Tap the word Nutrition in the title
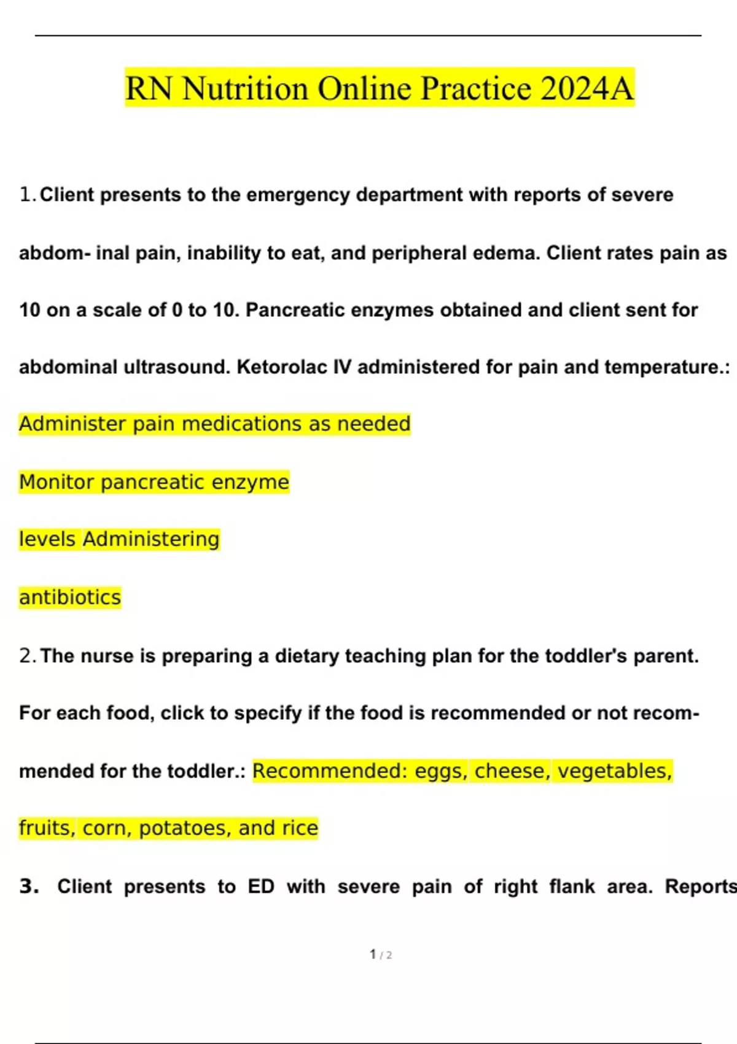pyautogui.click(x=245, y=88)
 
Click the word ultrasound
pyautogui.click(x=177, y=367)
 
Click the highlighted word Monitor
pyautogui.click(x=57, y=482)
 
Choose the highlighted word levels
pyautogui.click(x=47, y=539)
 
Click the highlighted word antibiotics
pyautogui.click(x=70, y=598)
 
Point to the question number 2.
pyautogui.click(x=26, y=656)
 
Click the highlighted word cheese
pyautogui.click(x=512, y=771)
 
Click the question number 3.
pyautogui.click(x=28, y=886)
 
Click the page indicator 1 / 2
pyautogui.click(x=381, y=954)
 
